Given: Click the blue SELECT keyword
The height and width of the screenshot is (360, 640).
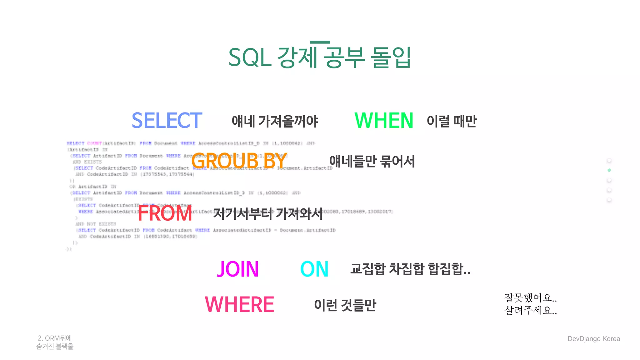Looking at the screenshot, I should tap(167, 121).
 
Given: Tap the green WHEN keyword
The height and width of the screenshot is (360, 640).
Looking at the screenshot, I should tap(384, 121).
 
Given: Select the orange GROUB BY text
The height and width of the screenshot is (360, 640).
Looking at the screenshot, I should tap(239, 161).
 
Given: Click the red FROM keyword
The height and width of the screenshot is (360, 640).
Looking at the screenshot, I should tap(165, 213).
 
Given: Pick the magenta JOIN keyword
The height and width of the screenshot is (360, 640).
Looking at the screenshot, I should tap(238, 269).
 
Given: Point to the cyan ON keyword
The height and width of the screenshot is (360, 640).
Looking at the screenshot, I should tap(314, 269).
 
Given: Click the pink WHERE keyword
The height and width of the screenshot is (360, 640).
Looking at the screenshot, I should tap(239, 305).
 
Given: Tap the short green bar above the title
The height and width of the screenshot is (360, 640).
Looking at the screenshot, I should tap(320, 42).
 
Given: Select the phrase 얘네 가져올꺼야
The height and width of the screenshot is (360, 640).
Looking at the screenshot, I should tap(275, 121).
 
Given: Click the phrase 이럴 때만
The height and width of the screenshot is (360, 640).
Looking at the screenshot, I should tap(452, 121).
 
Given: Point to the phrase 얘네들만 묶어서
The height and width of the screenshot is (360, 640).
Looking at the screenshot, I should tap(372, 162).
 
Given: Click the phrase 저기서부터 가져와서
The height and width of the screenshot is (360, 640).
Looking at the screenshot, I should tap(268, 214).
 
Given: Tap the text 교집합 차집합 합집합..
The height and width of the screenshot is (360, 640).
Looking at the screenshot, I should tap(410, 269).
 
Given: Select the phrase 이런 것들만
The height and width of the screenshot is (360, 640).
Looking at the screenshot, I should tap(345, 305).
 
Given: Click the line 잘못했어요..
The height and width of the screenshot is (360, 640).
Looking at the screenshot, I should tap(530, 297).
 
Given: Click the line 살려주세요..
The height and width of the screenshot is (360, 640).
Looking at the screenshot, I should tap(530, 310).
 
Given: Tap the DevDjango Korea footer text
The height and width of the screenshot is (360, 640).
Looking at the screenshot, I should tap(593, 339).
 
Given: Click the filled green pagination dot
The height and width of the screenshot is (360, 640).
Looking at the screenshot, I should tap(609, 170).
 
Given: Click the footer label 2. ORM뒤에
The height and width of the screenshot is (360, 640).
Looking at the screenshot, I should tap(55, 338).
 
